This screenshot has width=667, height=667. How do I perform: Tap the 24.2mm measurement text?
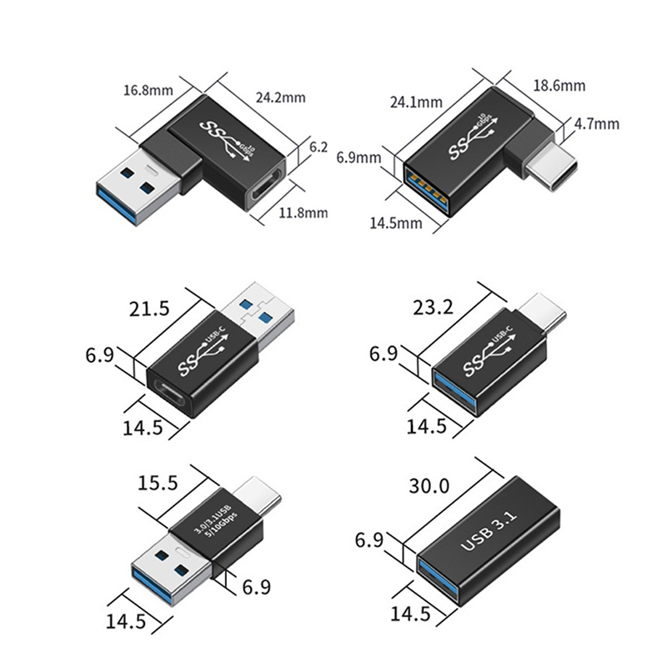(280, 98)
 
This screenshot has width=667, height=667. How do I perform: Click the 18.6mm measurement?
(559, 85)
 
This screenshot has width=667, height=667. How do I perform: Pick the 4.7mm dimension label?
(597, 124)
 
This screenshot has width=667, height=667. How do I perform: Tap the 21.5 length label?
(149, 308)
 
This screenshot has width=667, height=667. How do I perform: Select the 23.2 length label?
(434, 308)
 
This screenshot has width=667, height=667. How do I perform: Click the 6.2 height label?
(318, 147)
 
